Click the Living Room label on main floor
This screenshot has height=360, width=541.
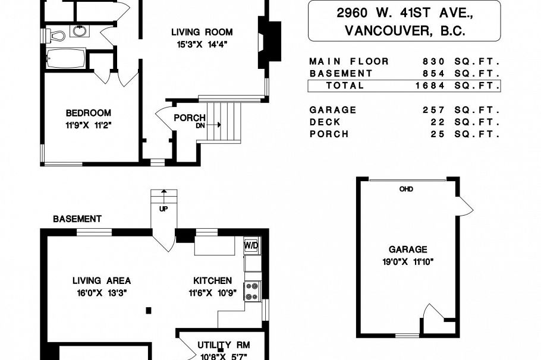click(202, 32)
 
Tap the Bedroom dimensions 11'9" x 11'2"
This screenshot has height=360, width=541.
click(89, 125)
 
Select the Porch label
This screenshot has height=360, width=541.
click(189, 118)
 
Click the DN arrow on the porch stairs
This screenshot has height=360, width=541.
click(214, 125)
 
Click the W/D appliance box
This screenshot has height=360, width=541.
click(251, 245)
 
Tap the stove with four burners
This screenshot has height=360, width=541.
click(253, 290)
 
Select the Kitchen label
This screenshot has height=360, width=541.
click(212, 280)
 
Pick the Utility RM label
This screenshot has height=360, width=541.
click(224, 345)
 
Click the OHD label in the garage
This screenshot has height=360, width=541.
click(406, 190)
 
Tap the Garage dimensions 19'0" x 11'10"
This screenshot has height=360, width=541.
click(407, 261)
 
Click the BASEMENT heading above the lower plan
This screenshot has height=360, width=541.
click(77, 219)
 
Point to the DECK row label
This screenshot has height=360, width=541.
click(325, 122)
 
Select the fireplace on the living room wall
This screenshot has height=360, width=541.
click(268, 45)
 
